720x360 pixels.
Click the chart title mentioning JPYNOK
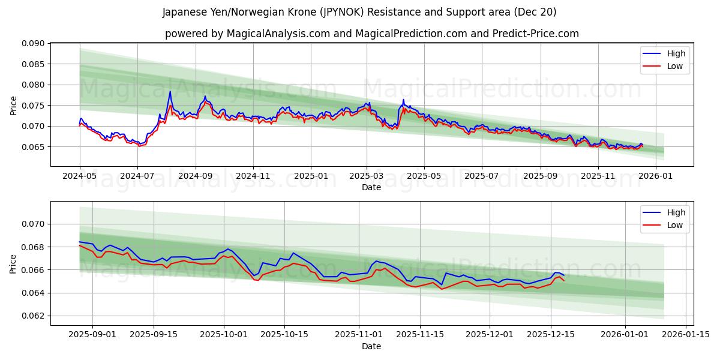359,12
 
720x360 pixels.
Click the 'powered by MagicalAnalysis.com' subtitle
371,34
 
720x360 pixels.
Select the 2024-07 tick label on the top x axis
137,176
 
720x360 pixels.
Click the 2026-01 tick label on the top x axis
655,176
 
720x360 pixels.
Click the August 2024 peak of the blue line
170,92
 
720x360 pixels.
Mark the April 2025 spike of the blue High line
403,100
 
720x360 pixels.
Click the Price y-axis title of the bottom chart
13,263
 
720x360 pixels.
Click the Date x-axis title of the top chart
371,187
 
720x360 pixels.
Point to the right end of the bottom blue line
563,275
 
